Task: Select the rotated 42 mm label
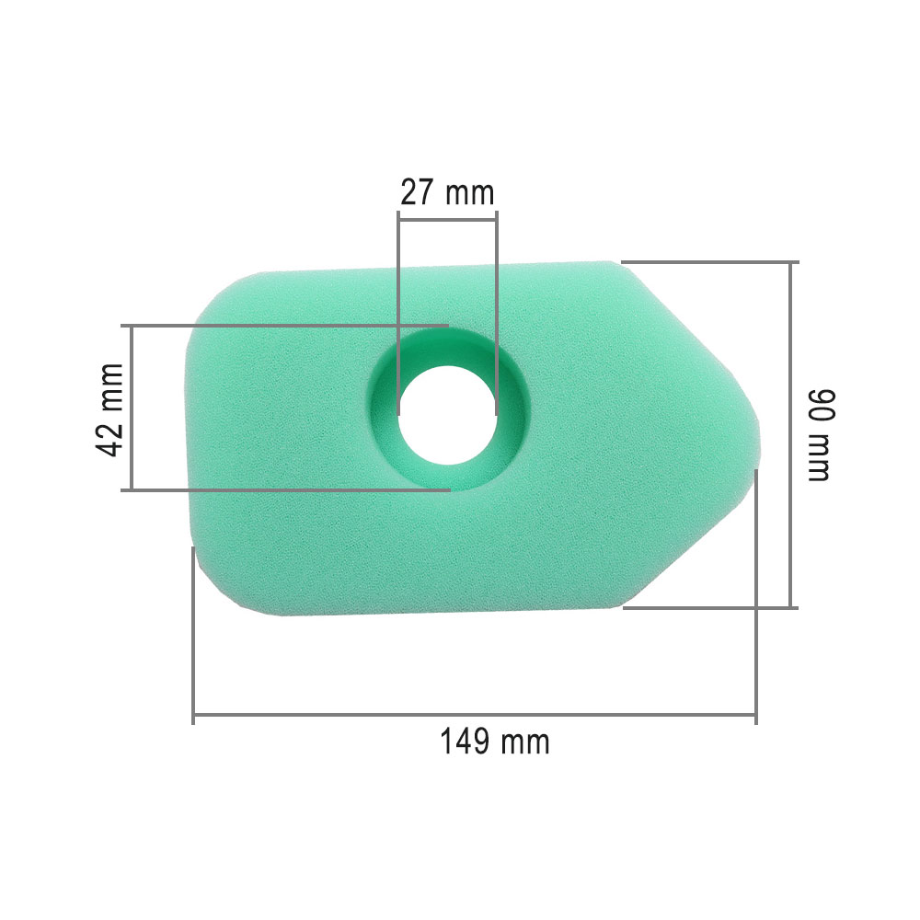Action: point(110,408)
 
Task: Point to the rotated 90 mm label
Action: point(817,434)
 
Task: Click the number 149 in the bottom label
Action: point(465,742)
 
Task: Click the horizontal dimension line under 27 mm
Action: point(447,215)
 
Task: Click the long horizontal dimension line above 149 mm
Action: point(474,714)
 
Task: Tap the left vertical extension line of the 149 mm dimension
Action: point(193,635)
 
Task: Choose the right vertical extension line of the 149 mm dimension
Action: point(755,598)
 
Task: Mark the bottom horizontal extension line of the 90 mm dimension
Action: point(708,607)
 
